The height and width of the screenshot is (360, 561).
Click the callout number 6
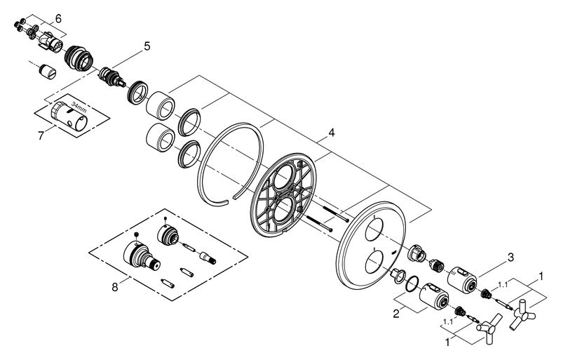pos(58,18)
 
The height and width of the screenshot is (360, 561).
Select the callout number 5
pos(147,46)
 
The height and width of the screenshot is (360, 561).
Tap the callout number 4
pos(332,133)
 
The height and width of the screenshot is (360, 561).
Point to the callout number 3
pos(511,258)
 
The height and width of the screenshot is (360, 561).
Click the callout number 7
pos(41,136)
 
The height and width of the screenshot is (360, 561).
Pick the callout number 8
pos(114,287)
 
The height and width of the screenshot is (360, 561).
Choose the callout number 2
pos(396,314)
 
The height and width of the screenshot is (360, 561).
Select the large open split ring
pos(231,164)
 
